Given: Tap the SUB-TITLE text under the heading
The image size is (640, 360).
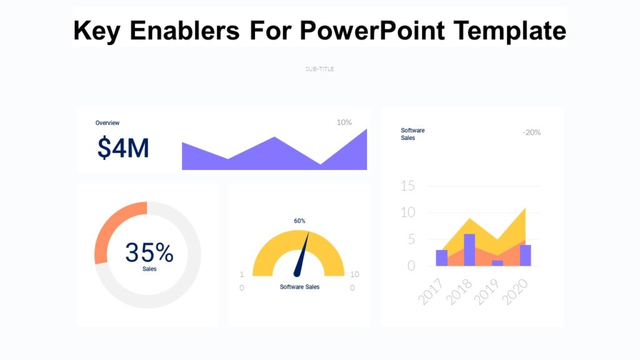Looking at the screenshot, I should coord(319,69).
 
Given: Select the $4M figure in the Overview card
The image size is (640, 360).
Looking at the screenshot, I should coord(123,148).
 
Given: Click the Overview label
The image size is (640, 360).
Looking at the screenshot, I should coord(107,123).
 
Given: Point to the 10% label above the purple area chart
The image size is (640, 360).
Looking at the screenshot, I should coord(344,122).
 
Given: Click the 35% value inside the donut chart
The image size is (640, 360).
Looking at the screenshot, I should coord(149,252).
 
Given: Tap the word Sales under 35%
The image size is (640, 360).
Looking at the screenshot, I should coord(149,269).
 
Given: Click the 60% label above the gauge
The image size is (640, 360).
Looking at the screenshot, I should coord(299,221).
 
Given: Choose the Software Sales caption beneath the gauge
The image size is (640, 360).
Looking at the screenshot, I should coord(299,287).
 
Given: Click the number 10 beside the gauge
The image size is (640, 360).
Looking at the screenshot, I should coord(355,274).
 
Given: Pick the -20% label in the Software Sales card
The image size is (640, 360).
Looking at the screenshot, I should coord(531,132).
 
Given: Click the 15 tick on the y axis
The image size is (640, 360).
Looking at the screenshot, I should coord(407,186).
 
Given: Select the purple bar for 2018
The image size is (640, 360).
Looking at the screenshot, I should coord(469,249).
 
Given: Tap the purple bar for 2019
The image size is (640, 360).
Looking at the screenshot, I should coord(497,263).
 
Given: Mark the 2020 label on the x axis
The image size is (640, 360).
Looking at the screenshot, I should coord(516,291).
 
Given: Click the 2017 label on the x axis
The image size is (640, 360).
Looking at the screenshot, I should coord(431,291).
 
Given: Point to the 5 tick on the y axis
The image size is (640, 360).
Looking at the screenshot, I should coord(411,239).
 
